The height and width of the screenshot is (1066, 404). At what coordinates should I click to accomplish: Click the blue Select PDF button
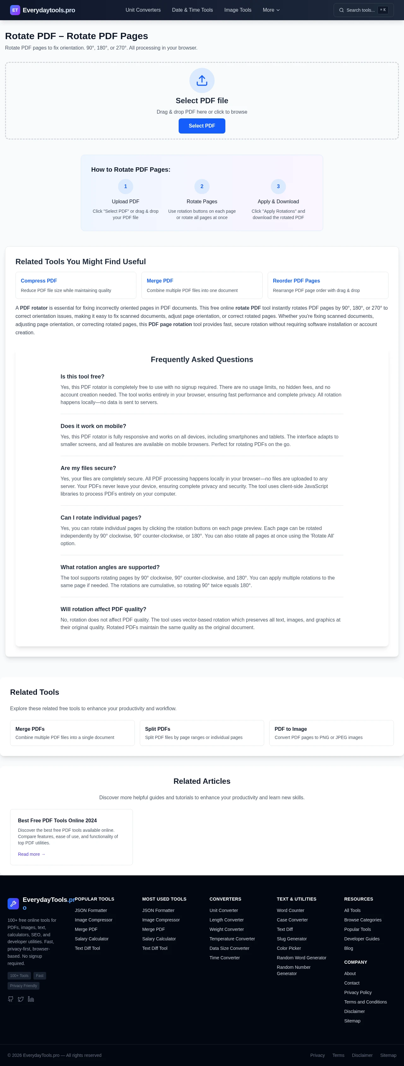pyautogui.click(x=202, y=126)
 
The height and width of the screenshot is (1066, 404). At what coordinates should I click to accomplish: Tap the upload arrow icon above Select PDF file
pyautogui.click(x=202, y=80)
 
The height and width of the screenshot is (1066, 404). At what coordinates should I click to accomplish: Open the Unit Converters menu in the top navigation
pyautogui.click(x=143, y=10)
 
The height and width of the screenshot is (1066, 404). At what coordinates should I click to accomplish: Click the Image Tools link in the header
pyautogui.click(x=238, y=10)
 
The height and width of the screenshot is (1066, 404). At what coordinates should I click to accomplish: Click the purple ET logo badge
pyautogui.click(x=15, y=10)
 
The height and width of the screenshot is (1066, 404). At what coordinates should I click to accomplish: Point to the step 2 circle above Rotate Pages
pyautogui.click(x=202, y=186)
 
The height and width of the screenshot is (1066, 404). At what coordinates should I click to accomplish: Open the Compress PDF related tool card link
pyautogui.click(x=39, y=281)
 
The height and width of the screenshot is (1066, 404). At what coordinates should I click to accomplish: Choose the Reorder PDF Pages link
pyautogui.click(x=296, y=281)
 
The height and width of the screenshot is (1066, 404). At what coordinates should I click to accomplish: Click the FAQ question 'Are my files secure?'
pyautogui.click(x=88, y=468)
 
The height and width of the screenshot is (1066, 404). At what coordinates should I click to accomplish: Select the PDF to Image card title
pyautogui.click(x=291, y=729)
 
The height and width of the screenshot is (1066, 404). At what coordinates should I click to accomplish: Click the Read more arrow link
pyautogui.click(x=32, y=854)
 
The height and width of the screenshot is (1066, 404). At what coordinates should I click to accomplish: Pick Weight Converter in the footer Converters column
pyautogui.click(x=226, y=929)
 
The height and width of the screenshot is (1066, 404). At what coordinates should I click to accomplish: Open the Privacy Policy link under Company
pyautogui.click(x=358, y=992)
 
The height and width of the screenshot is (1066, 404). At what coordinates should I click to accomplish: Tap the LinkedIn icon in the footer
pyautogui.click(x=31, y=999)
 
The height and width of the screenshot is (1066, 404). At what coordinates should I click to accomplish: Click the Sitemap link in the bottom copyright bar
pyautogui.click(x=388, y=1055)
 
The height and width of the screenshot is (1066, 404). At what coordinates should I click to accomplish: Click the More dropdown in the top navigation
pyautogui.click(x=271, y=10)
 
